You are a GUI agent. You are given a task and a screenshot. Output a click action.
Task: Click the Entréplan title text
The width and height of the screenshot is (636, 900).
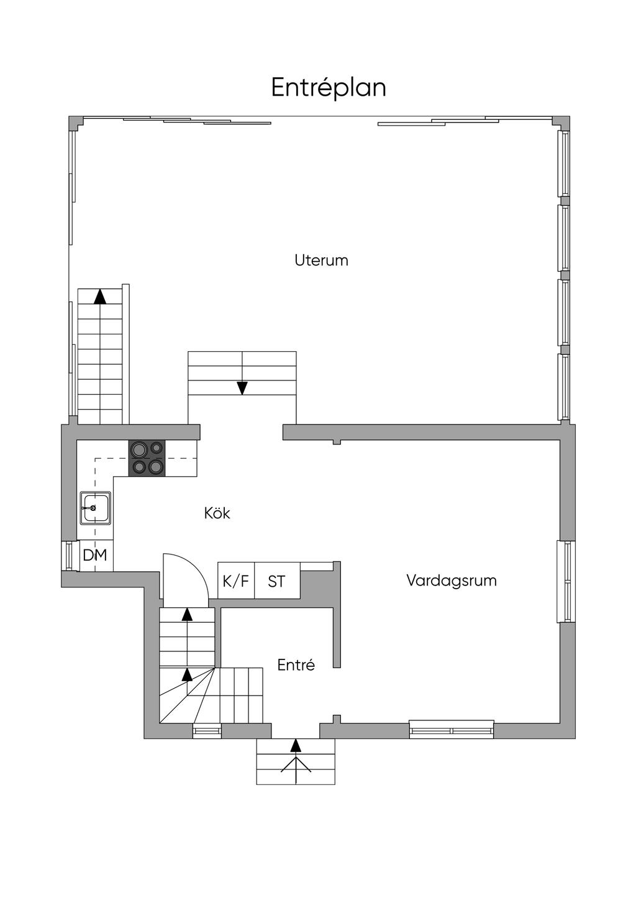[329, 88]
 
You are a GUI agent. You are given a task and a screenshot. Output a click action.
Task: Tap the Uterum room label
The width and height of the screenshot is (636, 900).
[321, 260]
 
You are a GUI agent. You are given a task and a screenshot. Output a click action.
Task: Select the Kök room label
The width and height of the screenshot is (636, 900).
[217, 513]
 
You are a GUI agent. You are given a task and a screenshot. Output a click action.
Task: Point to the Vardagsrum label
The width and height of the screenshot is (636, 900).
[452, 581]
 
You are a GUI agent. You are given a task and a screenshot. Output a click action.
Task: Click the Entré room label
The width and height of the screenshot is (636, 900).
[296, 665]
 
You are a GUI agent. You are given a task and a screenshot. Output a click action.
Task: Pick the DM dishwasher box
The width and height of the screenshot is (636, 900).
[96, 555]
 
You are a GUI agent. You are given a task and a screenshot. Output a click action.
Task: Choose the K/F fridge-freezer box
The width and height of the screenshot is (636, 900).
[236, 581]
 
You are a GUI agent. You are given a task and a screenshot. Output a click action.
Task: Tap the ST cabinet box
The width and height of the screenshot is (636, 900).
[277, 581]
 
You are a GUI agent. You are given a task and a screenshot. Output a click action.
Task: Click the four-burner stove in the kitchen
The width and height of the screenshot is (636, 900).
[147, 457]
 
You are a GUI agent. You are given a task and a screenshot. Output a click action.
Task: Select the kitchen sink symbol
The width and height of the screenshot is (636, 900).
[95, 508]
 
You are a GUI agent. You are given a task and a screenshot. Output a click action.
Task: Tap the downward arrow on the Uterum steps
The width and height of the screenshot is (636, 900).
[242, 388]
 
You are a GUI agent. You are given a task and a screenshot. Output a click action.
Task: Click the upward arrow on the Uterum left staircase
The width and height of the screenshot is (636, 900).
[99, 296]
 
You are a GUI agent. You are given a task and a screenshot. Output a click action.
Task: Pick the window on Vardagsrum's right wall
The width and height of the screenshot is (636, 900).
[566, 581]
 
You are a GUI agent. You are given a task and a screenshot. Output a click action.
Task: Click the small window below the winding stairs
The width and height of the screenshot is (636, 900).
[207, 731]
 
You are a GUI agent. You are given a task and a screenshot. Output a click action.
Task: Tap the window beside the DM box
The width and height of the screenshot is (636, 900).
[68, 556]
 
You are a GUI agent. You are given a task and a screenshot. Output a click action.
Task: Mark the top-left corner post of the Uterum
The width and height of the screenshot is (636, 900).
[76, 122]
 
